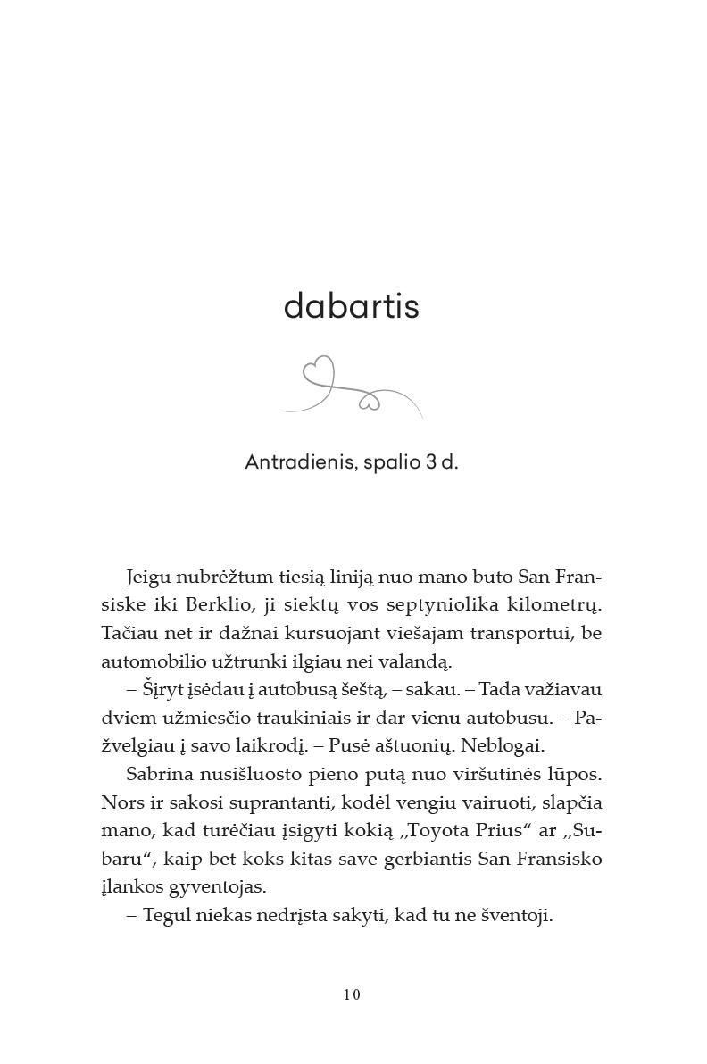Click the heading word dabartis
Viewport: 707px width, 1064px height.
pos(351,306)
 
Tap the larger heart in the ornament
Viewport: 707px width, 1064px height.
pos(319,371)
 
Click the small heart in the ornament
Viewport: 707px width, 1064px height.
pos(369,402)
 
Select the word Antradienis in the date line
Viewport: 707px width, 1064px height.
pos(300,462)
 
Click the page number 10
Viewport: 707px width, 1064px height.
pos(352,995)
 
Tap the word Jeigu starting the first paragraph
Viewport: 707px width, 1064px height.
pos(149,576)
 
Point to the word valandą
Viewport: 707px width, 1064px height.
pos(421,661)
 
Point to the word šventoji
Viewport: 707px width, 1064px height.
pos(517,916)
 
